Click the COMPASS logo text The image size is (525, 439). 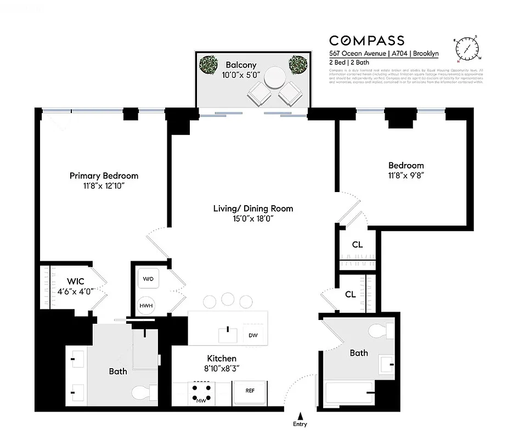click(x=366, y=40)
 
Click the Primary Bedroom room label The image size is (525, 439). click(x=104, y=176)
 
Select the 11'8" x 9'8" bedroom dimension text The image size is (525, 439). click(x=406, y=176)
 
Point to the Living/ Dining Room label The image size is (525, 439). click(x=253, y=209)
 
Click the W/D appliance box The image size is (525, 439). click(x=148, y=279)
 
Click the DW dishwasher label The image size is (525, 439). click(x=253, y=335)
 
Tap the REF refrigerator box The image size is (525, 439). click(x=250, y=391)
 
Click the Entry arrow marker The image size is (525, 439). click(x=300, y=417)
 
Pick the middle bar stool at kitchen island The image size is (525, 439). click(x=228, y=300)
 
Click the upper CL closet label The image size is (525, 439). click(x=357, y=245)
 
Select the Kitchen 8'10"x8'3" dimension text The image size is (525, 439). click(x=221, y=369)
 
